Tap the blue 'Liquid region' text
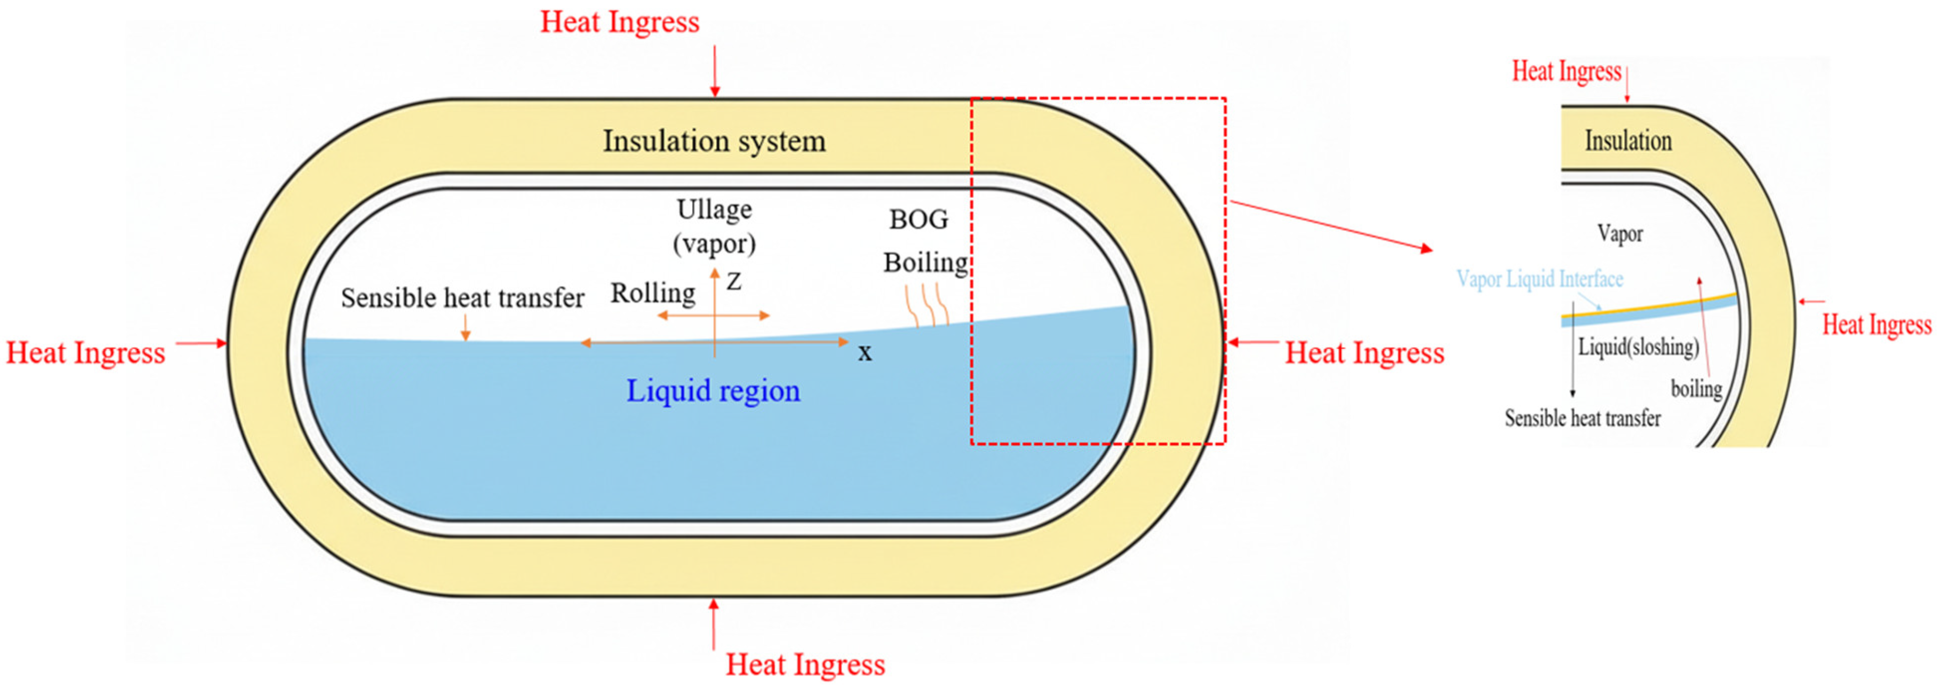[x=713, y=390]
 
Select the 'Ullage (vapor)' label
[x=714, y=226]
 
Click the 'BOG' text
[x=918, y=220]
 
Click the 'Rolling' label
[x=653, y=293]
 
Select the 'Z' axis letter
[x=734, y=282]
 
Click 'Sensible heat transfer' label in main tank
[x=462, y=298]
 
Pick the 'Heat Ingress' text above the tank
[x=619, y=22]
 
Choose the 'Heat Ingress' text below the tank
[x=805, y=664]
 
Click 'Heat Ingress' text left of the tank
[x=86, y=353]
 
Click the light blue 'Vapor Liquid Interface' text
[x=1539, y=279]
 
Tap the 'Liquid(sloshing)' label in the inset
[x=1638, y=347]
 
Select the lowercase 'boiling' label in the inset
[x=1696, y=389]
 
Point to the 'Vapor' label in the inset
[x=1620, y=234]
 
